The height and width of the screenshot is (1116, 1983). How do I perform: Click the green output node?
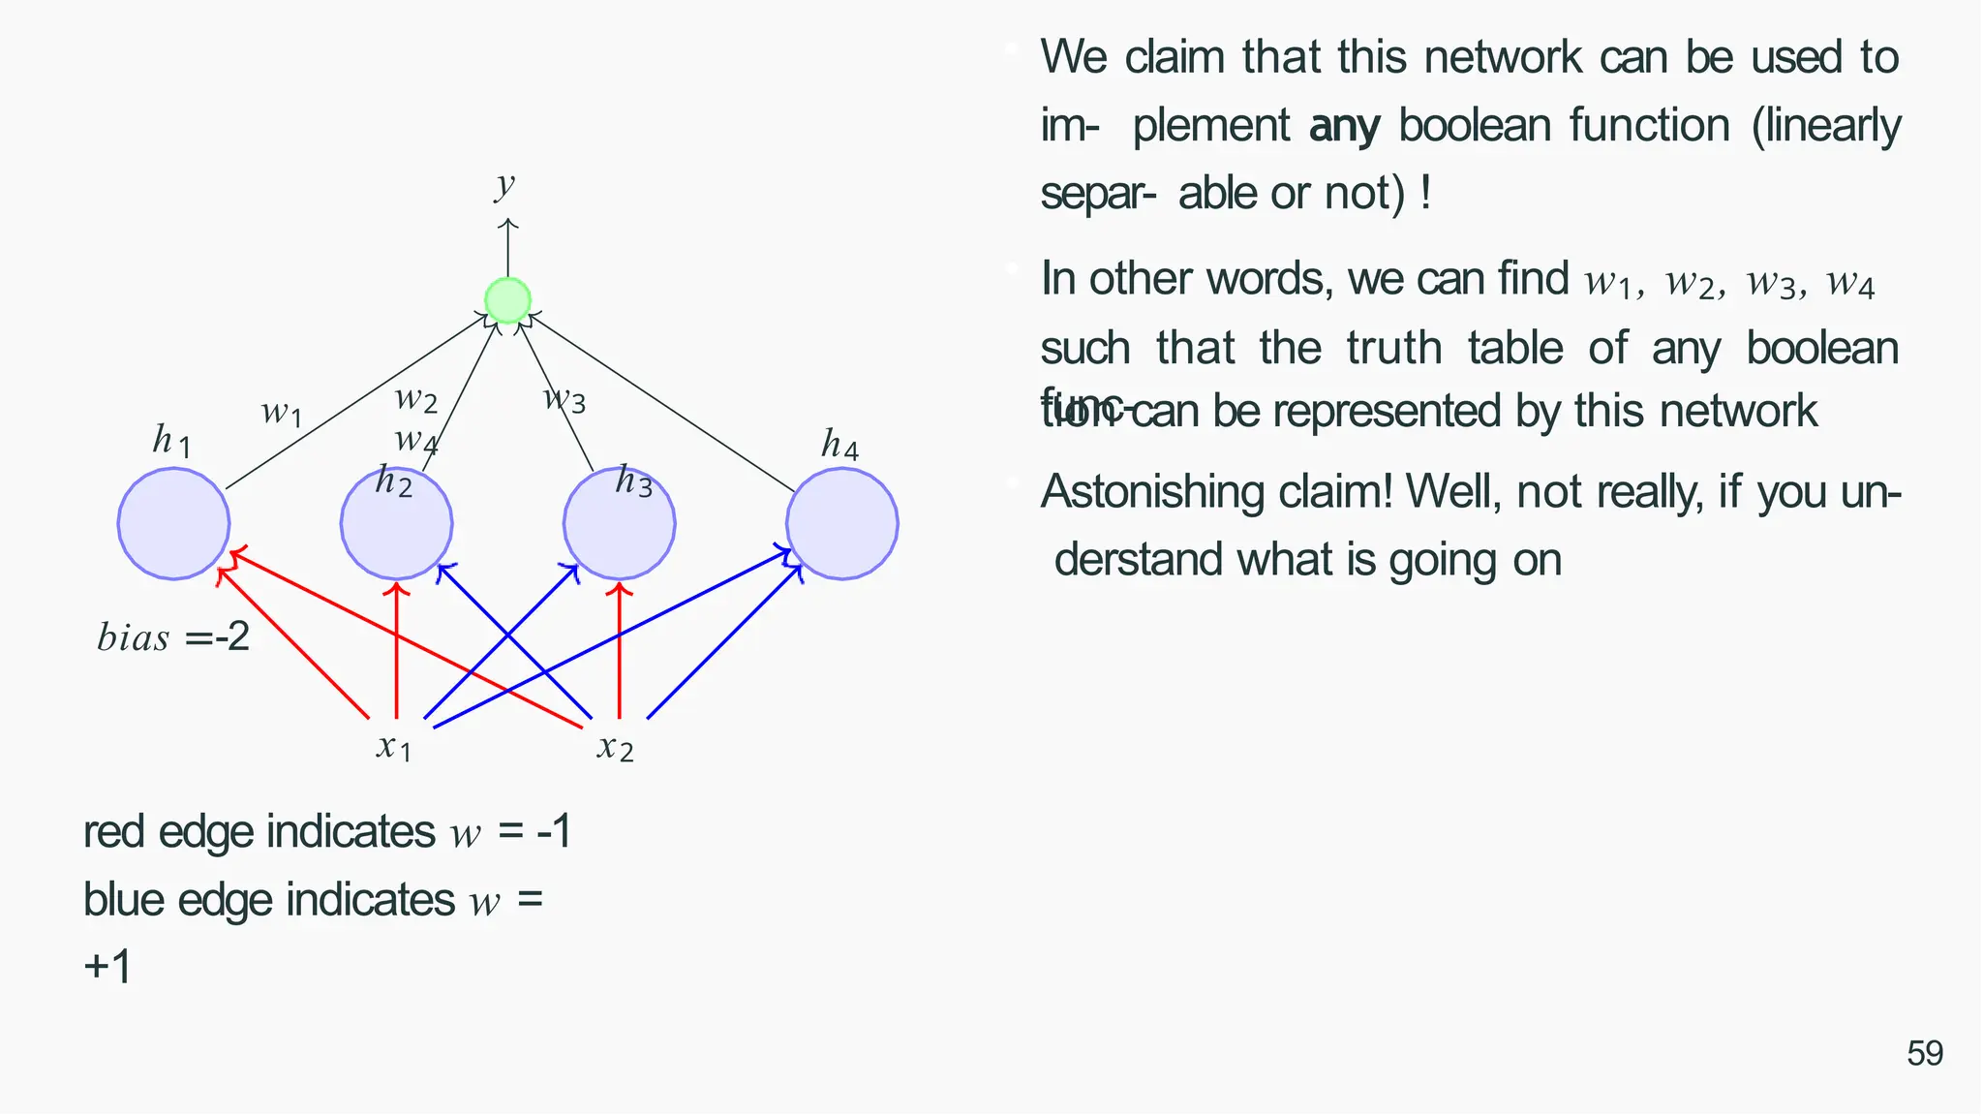(507, 300)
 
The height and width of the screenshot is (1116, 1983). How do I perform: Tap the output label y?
(504, 184)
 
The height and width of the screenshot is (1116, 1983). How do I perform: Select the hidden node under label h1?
(173, 524)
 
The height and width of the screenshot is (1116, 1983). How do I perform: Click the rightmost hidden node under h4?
(841, 524)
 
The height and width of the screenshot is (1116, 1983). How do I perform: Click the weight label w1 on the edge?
(282, 413)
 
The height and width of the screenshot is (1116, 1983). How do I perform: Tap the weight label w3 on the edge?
(564, 397)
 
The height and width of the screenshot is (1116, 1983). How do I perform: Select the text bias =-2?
(173, 637)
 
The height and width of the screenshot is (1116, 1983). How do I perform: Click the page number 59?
(1924, 1053)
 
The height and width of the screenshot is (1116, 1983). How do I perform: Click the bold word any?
(1344, 127)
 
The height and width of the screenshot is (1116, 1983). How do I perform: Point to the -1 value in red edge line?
(554, 832)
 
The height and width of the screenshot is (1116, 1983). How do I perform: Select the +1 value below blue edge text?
(107, 967)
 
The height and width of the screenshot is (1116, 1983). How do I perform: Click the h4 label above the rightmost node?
(839, 445)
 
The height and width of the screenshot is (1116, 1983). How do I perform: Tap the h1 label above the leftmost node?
(171, 441)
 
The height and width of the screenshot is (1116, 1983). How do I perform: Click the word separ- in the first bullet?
(1097, 194)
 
